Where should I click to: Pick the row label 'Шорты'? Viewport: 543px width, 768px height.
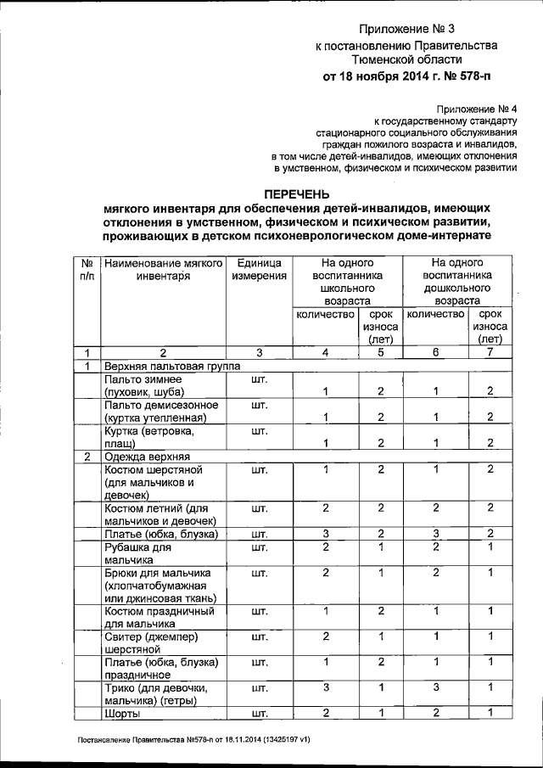(x=121, y=712)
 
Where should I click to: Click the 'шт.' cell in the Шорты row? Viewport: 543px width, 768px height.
(x=260, y=712)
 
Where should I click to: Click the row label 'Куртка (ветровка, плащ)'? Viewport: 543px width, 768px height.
(x=140, y=437)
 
